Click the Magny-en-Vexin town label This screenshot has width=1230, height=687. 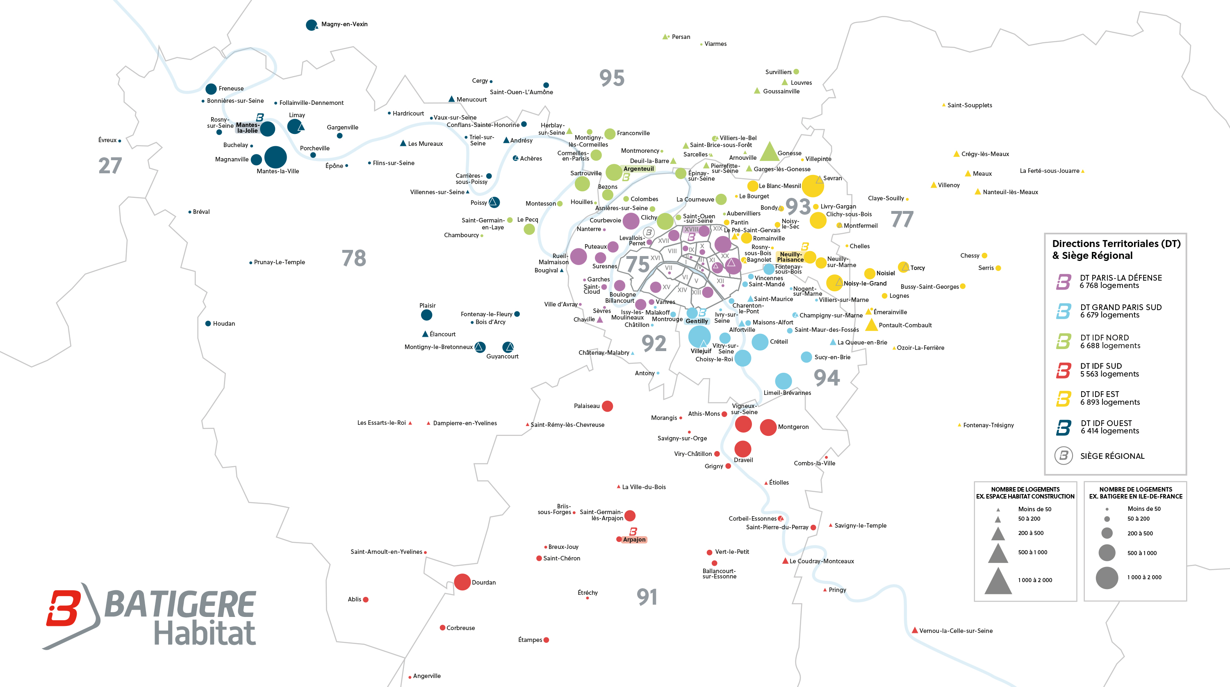pyautogui.click(x=344, y=24)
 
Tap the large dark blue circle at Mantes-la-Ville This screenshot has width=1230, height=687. pyautogui.click(x=276, y=157)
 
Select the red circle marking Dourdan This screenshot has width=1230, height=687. pyautogui.click(x=462, y=582)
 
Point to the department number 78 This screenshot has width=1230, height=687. pyautogui.click(x=354, y=258)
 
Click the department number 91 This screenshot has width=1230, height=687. pyautogui.click(x=647, y=597)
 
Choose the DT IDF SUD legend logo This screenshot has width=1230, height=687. pyautogui.click(x=1064, y=370)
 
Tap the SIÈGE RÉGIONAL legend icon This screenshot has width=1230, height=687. pyautogui.click(x=1064, y=456)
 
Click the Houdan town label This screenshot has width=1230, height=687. pyautogui.click(x=224, y=324)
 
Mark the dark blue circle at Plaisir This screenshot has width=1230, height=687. pyautogui.click(x=426, y=315)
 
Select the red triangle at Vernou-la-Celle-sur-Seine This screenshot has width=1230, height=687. pyautogui.click(x=914, y=630)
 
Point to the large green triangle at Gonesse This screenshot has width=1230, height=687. pyautogui.click(x=769, y=152)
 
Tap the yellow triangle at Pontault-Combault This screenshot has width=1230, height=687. pyautogui.click(x=871, y=325)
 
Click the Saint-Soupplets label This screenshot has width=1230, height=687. pyautogui.click(x=969, y=105)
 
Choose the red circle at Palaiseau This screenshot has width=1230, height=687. pyautogui.click(x=607, y=406)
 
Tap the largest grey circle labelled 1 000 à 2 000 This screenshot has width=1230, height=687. pyautogui.click(x=1107, y=578)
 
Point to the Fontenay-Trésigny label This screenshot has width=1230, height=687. pyautogui.click(x=988, y=425)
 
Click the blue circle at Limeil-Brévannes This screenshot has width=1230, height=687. pyautogui.click(x=783, y=381)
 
